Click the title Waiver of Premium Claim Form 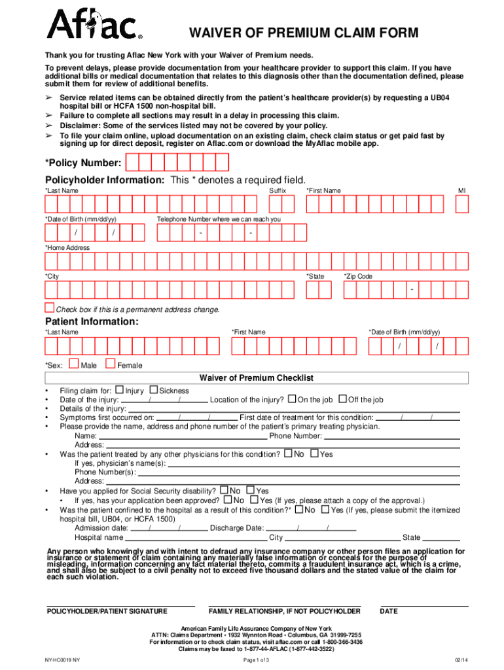(304, 34)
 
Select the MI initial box (462, 204)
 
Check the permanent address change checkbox (49, 308)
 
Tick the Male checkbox (73, 364)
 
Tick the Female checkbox (110, 364)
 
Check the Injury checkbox (119, 390)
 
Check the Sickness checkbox (154, 390)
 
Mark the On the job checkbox (291, 399)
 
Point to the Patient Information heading (91, 322)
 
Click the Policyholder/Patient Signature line (120, 605)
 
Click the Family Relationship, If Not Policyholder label (284, 612)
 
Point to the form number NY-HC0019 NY (63, 660)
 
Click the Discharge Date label (237, 527)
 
